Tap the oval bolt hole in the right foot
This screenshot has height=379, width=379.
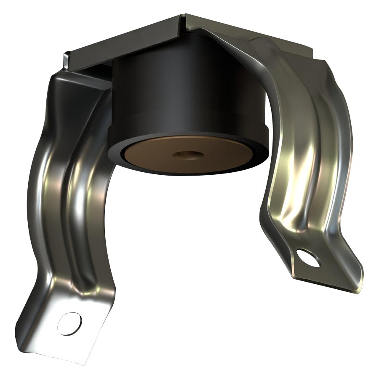(x=308, y=257)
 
